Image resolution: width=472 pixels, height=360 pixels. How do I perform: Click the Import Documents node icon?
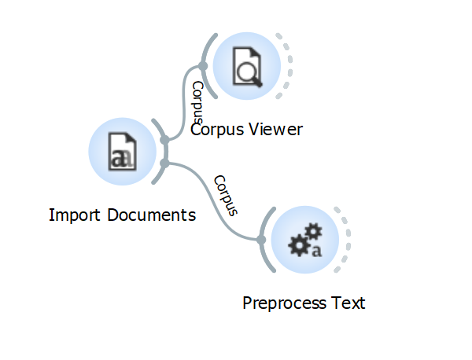pos(122,152)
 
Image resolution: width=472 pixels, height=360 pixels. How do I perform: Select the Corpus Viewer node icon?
pos(247,66)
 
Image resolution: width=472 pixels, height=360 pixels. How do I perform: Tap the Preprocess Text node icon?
pos(305,240)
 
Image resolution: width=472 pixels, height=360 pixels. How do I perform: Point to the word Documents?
pos(150,215)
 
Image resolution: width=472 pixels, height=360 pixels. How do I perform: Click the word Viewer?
pos(276,130)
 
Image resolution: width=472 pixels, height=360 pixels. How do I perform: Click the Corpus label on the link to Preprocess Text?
pos(225,195)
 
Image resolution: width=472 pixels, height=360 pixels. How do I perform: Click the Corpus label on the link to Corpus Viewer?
pos(197,101)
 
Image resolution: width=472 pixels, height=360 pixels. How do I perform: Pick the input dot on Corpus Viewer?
pos(203,66)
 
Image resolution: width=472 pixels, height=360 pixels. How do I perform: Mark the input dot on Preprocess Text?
pos(261,239)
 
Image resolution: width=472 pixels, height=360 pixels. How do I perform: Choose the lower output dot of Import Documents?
pos(164,163)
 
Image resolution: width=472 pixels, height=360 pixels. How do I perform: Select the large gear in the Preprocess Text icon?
pos(301,245)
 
